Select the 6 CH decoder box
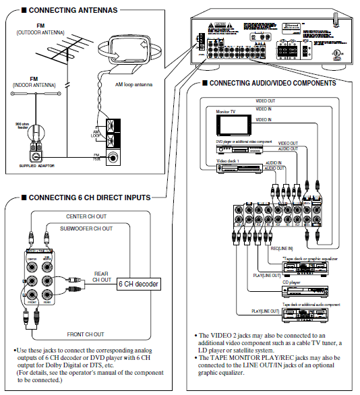coord(138,284)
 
